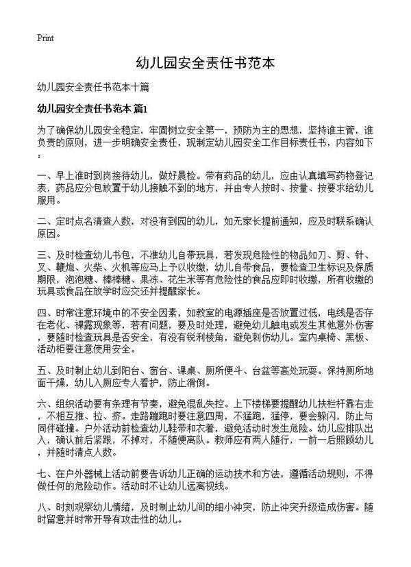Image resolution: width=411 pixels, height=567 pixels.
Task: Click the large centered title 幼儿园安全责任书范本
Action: pos(206,63)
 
